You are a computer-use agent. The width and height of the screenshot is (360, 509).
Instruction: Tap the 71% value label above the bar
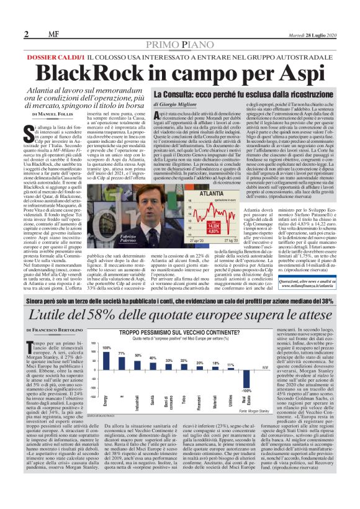click(x=123, y=353)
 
